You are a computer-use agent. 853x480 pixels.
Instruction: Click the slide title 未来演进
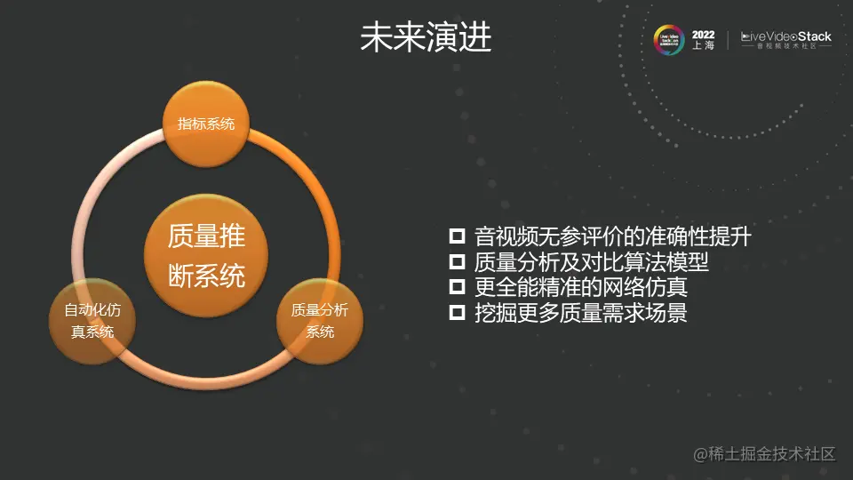tap(426, 38)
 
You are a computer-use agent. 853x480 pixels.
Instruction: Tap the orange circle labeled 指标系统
tap(206, 124)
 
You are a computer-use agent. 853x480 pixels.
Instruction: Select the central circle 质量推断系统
tap(206, 257)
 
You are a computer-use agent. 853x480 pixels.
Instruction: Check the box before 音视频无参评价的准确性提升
tap(458, 236)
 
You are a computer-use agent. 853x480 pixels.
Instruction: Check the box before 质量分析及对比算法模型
tap(458, 262)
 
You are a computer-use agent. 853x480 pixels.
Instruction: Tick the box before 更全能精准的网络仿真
tap(458, 287)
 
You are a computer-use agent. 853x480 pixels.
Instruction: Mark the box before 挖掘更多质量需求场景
tap(458, 313)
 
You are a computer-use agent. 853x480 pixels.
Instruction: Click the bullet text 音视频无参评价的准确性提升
tap(613, 236)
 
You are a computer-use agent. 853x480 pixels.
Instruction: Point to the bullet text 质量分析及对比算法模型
tap(592, 262)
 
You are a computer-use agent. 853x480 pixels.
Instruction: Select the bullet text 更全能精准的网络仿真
tap(581, 287)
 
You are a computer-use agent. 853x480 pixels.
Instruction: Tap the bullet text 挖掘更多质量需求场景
tap(581, 313)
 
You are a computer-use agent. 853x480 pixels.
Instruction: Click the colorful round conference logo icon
tap(668, 40)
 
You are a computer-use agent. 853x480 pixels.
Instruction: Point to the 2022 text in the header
tap(703, 35)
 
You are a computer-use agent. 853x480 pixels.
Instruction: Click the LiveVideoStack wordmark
tap(786, 36)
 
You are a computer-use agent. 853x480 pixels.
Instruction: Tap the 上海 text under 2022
tap(703, 46)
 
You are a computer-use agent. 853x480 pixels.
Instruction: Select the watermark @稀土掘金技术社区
tap(765, 454)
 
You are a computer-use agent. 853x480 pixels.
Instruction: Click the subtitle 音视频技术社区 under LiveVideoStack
tap(786, 47)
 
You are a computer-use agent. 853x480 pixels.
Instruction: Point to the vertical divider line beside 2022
tap(729, 40)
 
